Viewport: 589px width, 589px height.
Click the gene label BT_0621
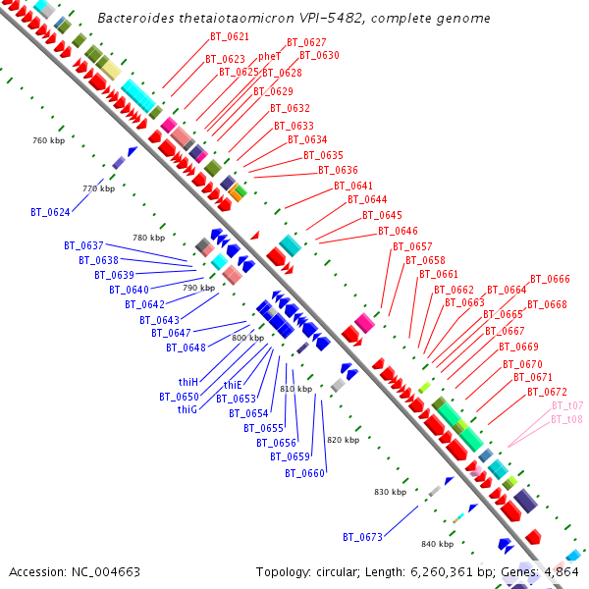point(229,36)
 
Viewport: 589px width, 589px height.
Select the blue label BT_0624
point(50,211)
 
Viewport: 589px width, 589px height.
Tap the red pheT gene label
point(269,56)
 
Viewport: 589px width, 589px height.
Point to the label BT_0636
point(339,170)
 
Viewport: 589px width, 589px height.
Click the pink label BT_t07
point(567,405)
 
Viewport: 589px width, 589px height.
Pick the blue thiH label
point(188,382)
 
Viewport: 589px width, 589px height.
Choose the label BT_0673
point(362,537)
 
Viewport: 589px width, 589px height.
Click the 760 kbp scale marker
point(47,140)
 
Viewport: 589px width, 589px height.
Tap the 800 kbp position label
point(247,338)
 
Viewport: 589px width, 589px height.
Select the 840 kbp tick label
point(437,544)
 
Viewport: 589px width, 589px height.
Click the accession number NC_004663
point(104,571)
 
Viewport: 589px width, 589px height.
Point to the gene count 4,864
point(561,571)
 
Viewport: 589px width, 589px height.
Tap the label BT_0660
point(304,473)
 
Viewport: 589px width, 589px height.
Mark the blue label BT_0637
point(83,245)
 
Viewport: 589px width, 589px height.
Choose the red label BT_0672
point(547,392)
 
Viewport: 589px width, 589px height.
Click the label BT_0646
point(398,231)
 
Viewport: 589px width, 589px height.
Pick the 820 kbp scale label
point(343,440)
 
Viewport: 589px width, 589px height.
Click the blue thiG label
point(188,409)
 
